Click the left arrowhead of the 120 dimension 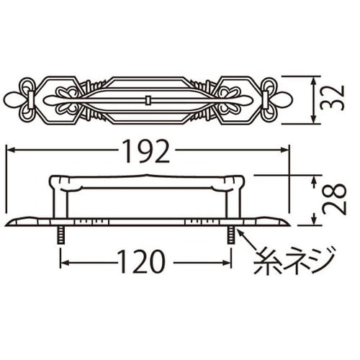tap(63, 261)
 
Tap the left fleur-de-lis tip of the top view tap(9, 98)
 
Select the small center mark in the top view tap(147, 98)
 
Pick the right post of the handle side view tap(230, 202)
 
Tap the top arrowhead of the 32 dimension tap(315, 78)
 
